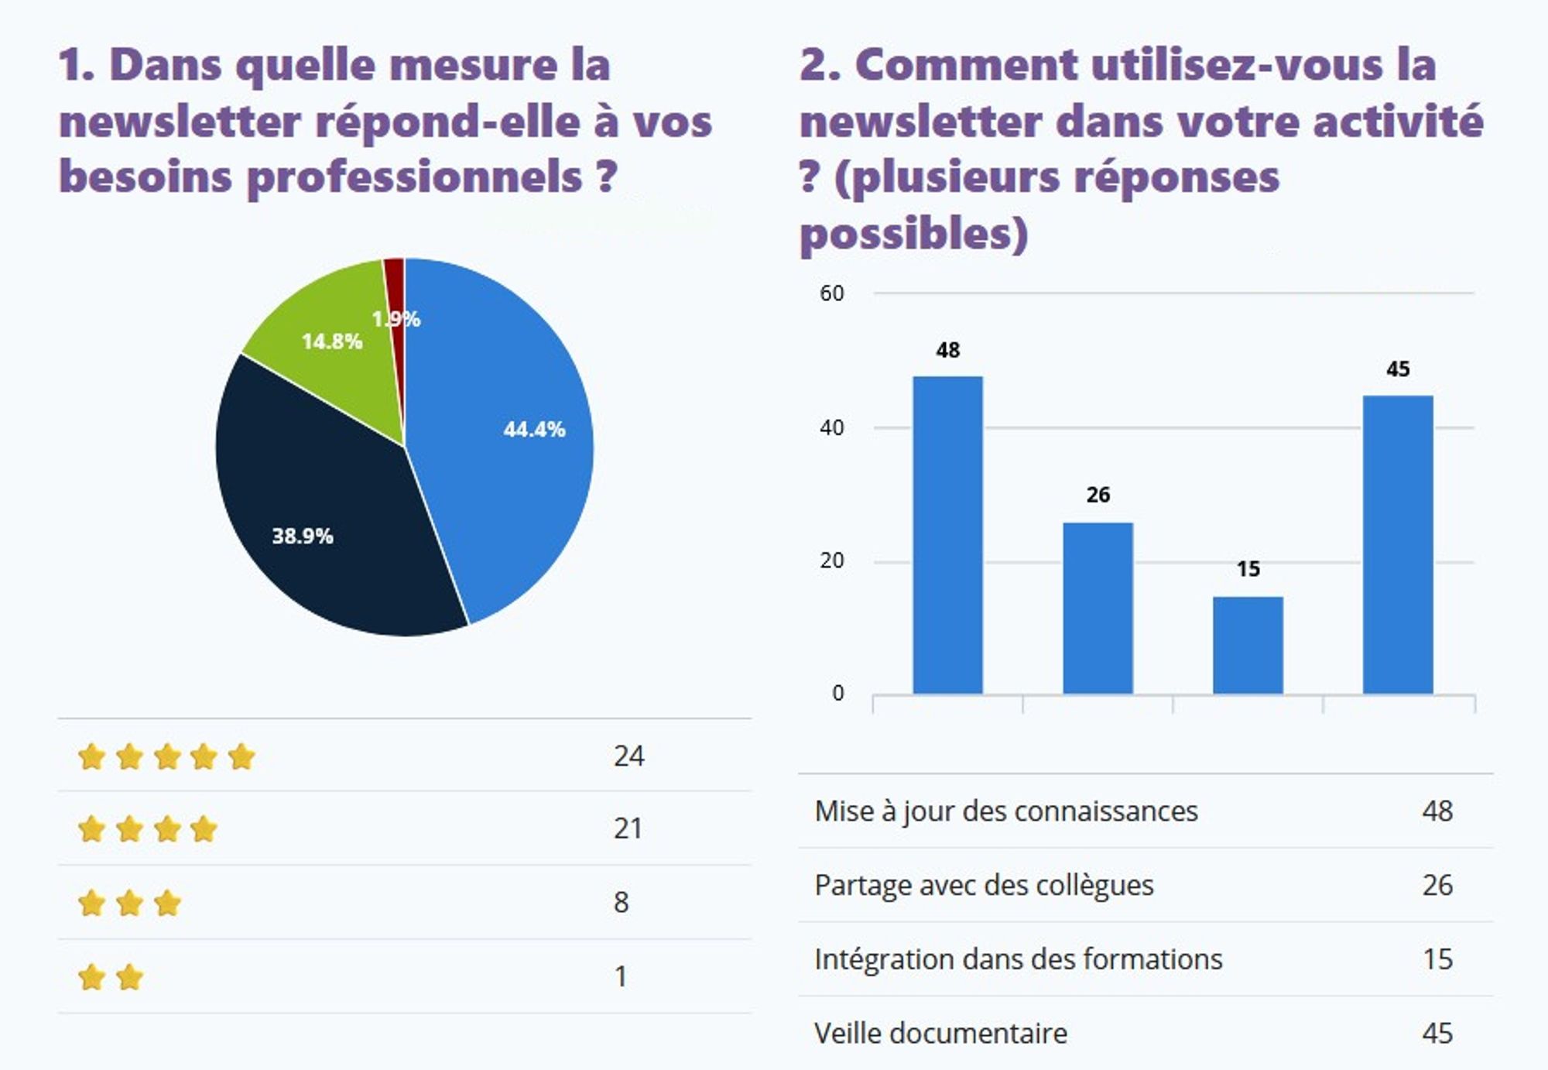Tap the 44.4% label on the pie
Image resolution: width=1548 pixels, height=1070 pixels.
point(534,429)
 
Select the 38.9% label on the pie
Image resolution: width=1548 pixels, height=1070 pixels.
point(302,536)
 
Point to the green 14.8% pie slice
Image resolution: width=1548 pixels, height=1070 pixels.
point(333,364)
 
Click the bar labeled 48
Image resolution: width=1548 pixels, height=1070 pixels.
point(947,534)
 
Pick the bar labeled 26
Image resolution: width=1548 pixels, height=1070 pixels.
point(1098,608)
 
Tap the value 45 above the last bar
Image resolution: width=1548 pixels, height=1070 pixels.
point(1398,369)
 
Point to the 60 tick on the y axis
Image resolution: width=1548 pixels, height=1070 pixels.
point(832,293)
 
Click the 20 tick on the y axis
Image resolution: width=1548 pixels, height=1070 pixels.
point(832,561)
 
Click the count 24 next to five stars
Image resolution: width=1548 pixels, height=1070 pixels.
point(628,756)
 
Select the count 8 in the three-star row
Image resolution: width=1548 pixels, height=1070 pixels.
point(621,902)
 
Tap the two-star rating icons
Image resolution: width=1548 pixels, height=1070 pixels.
point(111,977)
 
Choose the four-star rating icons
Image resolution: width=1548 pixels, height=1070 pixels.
point(148,829)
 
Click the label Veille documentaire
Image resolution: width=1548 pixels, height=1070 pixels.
point(940,1033)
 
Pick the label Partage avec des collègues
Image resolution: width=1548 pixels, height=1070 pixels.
point(984,885)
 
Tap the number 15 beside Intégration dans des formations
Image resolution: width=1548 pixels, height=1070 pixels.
point(1437,959)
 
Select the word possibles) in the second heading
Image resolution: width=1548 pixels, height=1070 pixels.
point(913,234)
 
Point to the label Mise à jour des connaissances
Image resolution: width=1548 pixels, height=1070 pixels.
point(1005,811)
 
